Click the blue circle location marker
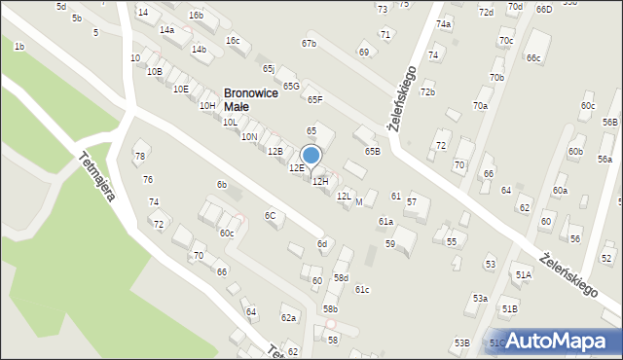coord(311,155)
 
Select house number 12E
coord(296,168)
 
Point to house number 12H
coord(320,182)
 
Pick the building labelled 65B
coord(373,151)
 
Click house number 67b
coord(309,44)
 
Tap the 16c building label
coord(232,40)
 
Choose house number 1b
coord(19,47)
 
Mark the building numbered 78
coord(140,157)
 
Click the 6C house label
coord(271,215)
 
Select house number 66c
coord(533,58)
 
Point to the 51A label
coord(524,275)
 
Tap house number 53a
coord(480,299)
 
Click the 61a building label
coord(386,222)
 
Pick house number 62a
coord(288,318)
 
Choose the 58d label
coord(341,278)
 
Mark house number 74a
coord(444,23)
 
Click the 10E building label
coord(180,89)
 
